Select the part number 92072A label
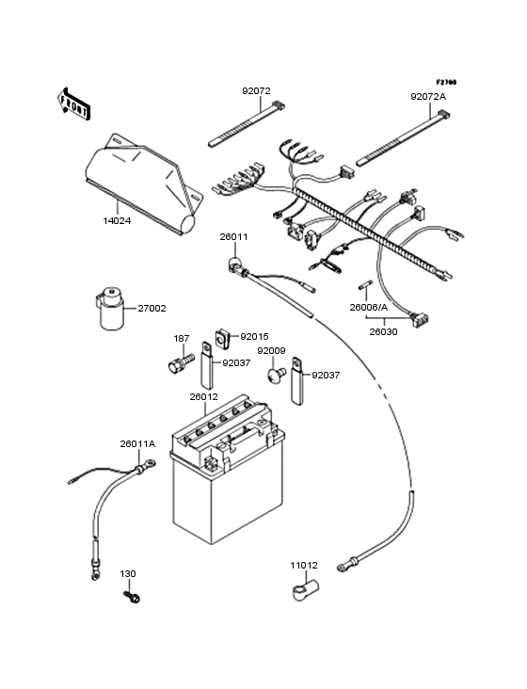tap(428, 97)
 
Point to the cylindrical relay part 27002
tap(112, 310)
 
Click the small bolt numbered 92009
tap(274, 375)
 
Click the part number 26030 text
tap(382, 330)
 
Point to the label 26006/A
tap(367, 307)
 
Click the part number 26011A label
tap(137, 443)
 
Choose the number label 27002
tap(152, 308)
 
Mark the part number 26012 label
tap(230, 396)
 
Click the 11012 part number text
tap(304, 565)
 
